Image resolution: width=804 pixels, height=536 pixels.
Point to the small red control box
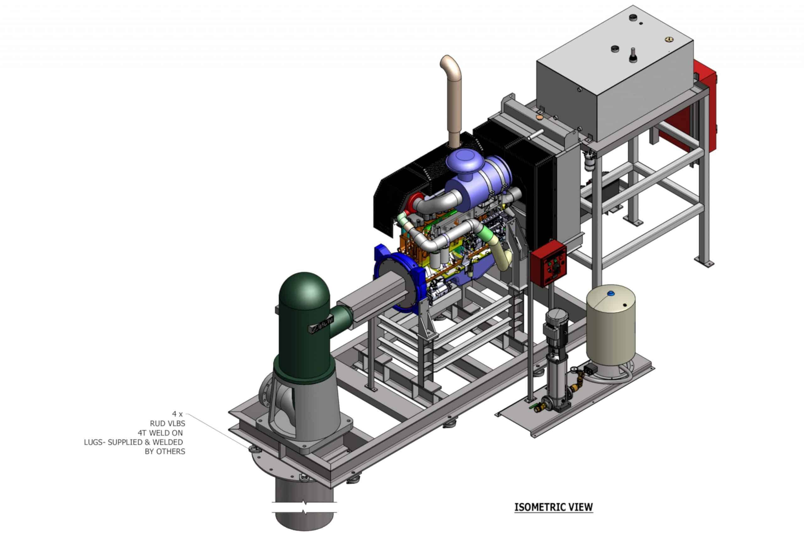(548, 263)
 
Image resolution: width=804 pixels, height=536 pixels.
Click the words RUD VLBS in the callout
(167, 424)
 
